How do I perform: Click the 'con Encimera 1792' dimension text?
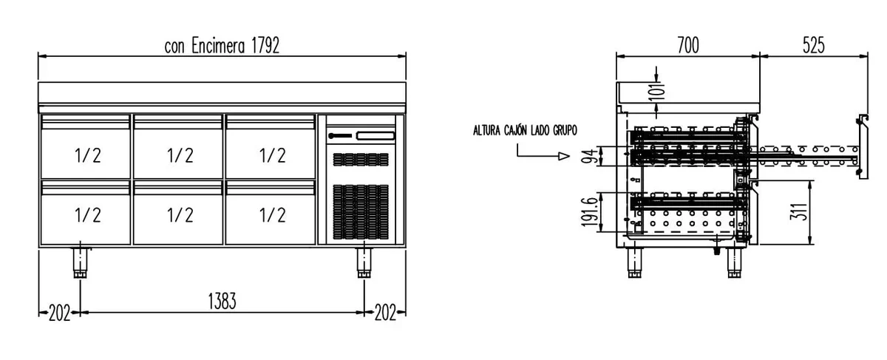point(222,46)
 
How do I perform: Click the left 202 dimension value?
point(59,313)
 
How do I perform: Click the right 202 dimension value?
point(385,313)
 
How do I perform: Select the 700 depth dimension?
point(687,46)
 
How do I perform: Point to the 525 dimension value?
point(813,46)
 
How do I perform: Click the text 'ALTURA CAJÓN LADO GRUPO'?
point(525,131)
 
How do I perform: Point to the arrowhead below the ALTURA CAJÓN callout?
point(563,156)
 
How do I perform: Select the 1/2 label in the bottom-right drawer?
point(272,215)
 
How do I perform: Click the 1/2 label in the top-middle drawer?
point(180,155)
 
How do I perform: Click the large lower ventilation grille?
point(361,212)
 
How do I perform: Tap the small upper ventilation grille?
point(361,159)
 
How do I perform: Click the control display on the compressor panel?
point(375,135)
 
